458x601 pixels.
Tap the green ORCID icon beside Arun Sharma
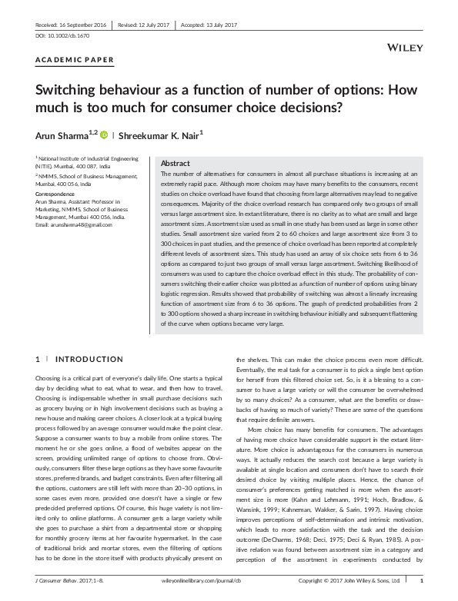[104, 134]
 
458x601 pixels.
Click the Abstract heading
[175, 164]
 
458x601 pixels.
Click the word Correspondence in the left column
[55, 194]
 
